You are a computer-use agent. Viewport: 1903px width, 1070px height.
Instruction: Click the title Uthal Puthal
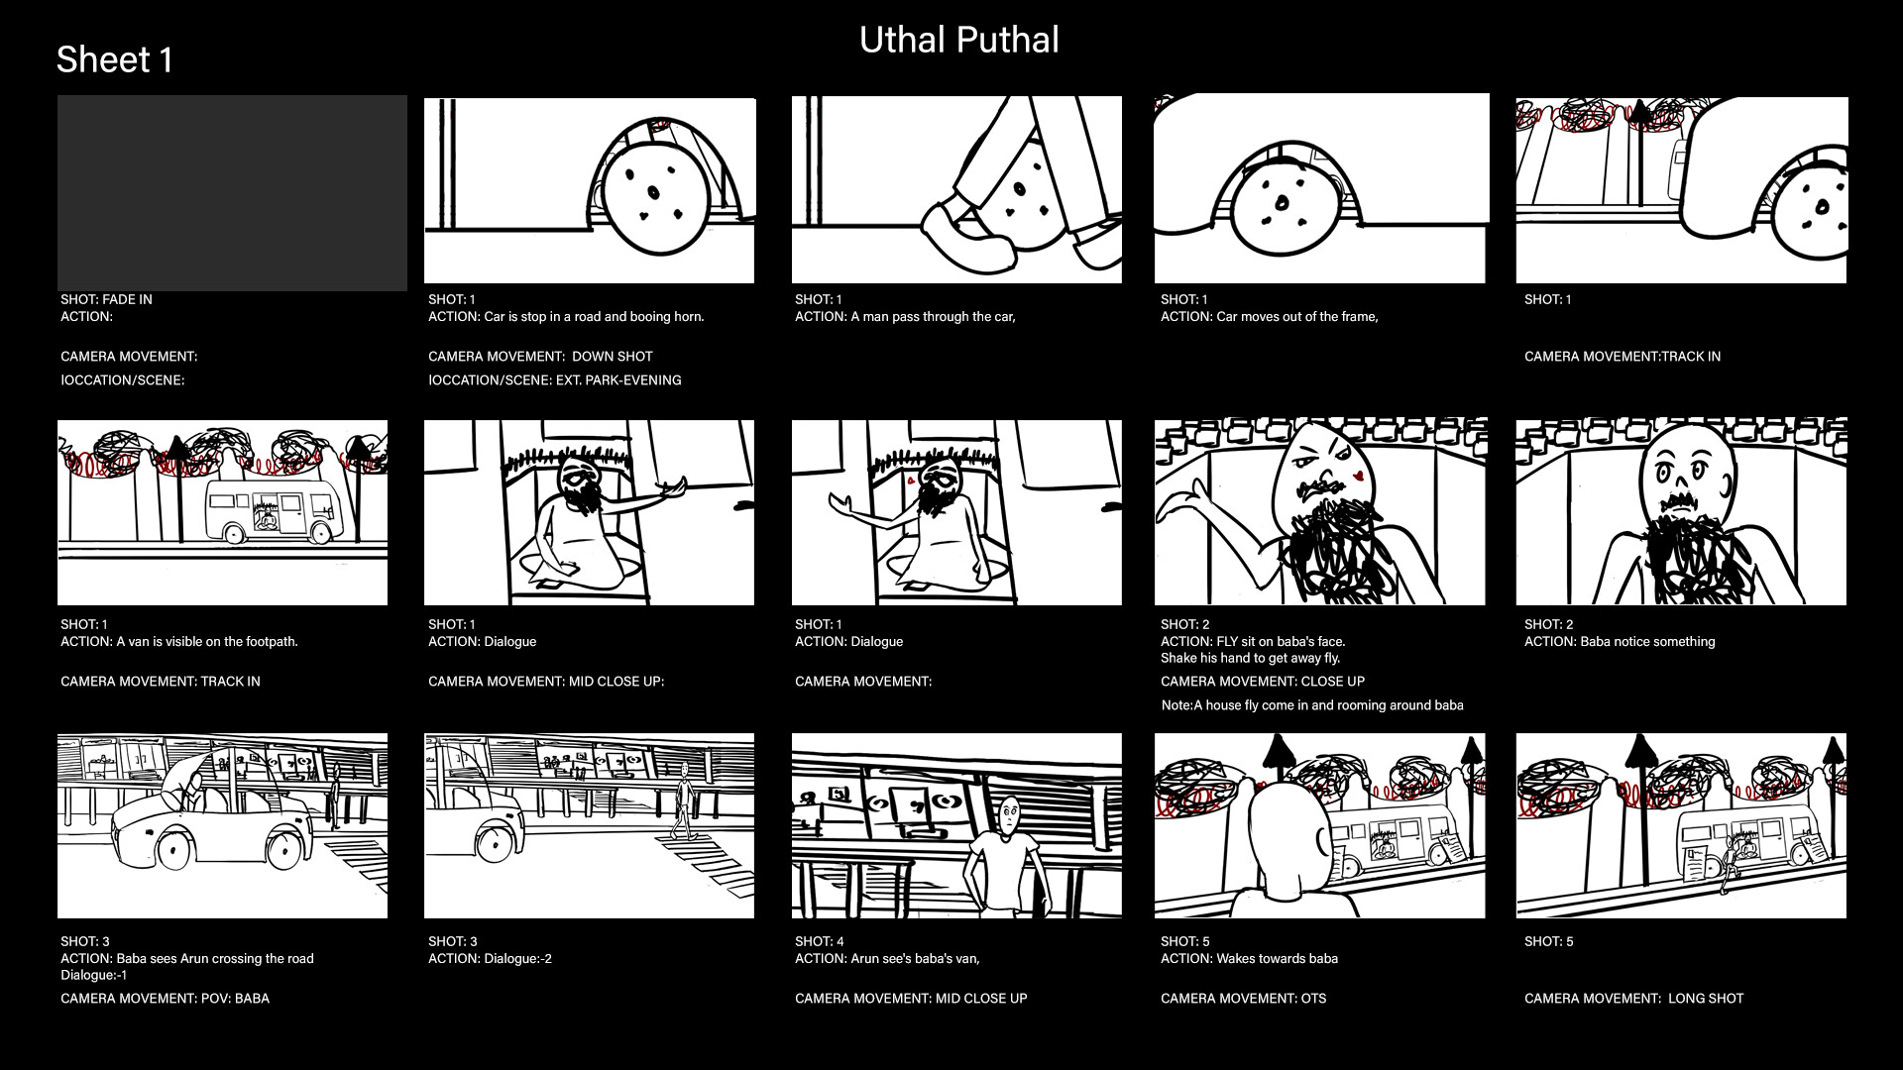coord(958,41)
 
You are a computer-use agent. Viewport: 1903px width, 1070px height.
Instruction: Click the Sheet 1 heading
coord(114,60)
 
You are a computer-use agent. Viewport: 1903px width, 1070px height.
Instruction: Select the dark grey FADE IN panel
coord(232,193)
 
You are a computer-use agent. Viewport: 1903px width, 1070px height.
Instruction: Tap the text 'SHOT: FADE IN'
coord(106,299)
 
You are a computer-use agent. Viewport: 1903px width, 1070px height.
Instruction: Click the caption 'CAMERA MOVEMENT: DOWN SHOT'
coord(540,357)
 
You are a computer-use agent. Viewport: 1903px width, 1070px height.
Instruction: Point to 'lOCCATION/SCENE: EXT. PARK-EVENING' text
coord(554,380)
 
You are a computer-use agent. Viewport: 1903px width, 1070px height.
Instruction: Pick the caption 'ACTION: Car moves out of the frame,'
coord(1269,317)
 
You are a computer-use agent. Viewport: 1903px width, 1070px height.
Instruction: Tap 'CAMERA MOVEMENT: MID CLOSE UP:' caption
coord(545,682)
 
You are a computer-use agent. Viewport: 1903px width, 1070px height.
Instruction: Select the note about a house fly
coord(1311,705)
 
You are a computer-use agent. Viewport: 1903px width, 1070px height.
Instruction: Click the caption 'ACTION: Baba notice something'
coord(1619,642)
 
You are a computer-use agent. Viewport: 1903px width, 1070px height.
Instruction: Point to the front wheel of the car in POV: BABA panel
coord(172,851)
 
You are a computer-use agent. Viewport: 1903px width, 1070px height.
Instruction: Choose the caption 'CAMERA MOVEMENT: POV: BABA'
coord(165,999)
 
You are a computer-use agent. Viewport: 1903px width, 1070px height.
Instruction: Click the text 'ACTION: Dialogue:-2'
coord(490,959)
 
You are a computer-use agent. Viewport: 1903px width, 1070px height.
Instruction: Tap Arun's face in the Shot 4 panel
coord(1008,816)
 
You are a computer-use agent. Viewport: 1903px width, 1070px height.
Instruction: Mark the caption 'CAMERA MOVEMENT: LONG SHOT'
coord(1633,999)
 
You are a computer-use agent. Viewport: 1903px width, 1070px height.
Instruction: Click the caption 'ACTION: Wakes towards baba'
coord(1249,959)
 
